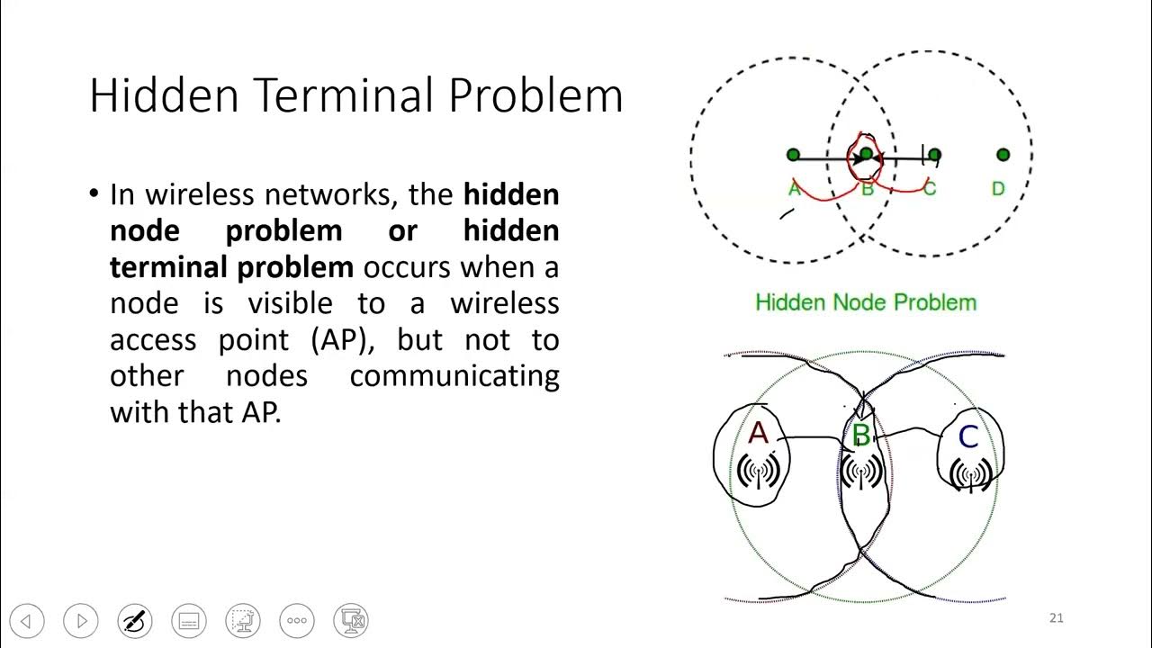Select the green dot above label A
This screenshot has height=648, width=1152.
coord(793,155)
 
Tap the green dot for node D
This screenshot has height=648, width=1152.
coord(1003,155)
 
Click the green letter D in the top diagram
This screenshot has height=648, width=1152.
coord(998,189)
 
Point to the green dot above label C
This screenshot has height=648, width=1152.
coord(934,155)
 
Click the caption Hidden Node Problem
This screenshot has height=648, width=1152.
coord(866,302)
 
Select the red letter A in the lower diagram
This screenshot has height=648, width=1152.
coord(759,434)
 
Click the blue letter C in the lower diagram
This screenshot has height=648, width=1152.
coord(968,437)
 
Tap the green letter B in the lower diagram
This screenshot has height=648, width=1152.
coord(861,436)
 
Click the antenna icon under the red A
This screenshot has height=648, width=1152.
coord(756,472)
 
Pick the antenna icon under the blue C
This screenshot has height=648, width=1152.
coord(970,474)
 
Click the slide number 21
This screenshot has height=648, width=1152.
coord(1057,617)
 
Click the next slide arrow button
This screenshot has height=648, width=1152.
coord(81,621)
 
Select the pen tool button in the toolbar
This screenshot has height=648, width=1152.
coord(135,621)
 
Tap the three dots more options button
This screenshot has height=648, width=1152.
coord(297,621)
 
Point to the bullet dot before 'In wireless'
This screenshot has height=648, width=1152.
coord(94,193)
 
